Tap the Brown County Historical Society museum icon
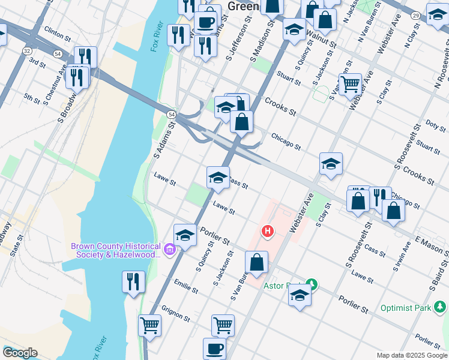point(170,250)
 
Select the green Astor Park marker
point(311,283)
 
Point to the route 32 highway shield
point(28,52)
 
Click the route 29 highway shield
point(415,16)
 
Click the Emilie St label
point(186,286)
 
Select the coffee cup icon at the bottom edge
point(214,348)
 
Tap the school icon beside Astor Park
point(300,295)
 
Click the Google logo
point(20,353)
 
